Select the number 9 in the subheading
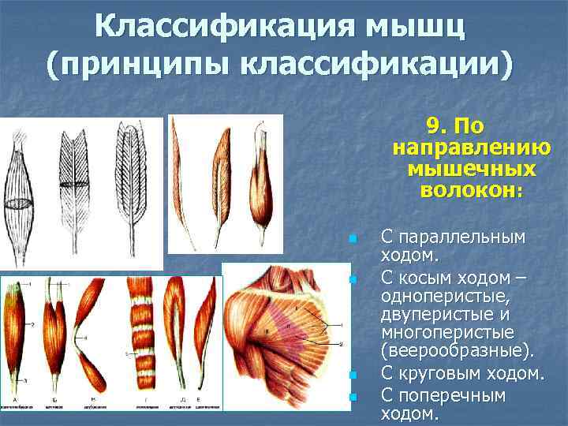(432, 126)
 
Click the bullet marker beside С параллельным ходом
(353, 238)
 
